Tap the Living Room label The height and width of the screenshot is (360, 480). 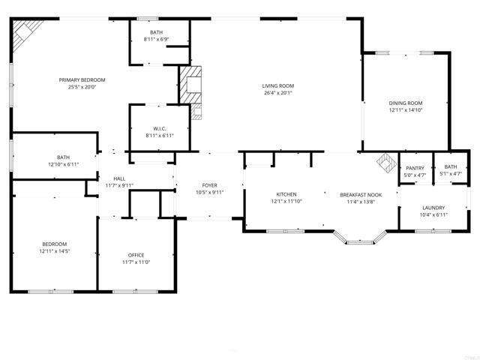pos(277,85)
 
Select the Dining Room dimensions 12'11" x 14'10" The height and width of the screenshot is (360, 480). pos(406,110)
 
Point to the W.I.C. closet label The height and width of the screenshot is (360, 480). pos(159,128)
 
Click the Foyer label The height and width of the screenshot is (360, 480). pos(209,184)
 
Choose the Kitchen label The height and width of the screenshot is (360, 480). pos(286,193)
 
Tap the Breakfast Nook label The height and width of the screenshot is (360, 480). pos(360,193)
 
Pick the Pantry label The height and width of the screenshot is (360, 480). pos(415,168)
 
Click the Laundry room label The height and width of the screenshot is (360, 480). pos(433,208)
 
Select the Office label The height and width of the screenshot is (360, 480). pos(136,255)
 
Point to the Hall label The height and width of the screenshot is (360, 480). pos(118,178)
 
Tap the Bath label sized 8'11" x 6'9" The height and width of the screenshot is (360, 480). pos(156,32)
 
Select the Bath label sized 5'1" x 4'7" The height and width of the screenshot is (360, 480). pos(450,166)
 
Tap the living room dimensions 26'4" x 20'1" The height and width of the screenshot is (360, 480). pos(277,93)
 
